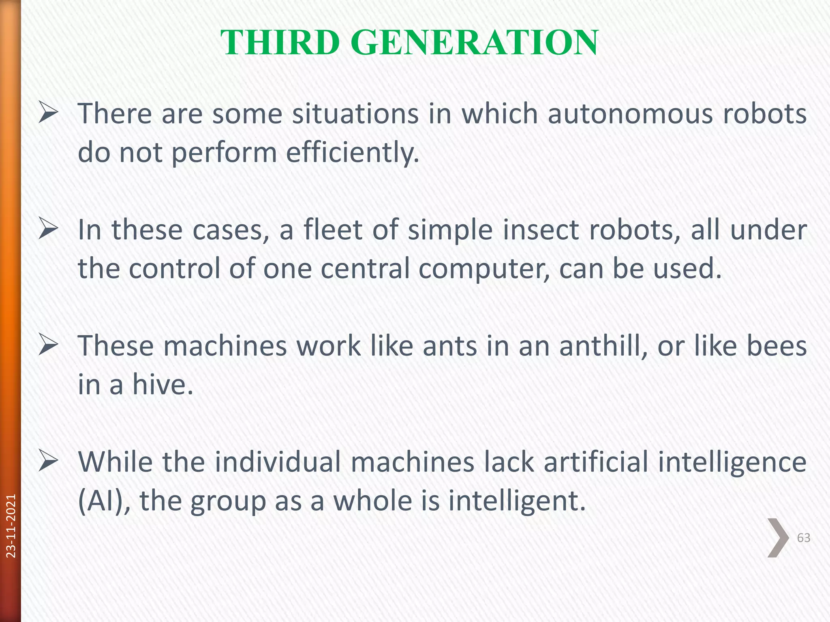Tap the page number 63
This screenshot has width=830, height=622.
click(x=803, y=538)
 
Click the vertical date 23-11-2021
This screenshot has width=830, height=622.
click(x=11, y=526)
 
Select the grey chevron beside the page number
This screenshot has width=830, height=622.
click(x=778, y=538)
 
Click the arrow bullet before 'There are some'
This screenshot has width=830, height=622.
click(x=49, y=114)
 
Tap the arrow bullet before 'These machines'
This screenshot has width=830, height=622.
click(x=49, y=346)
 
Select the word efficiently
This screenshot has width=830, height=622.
click(x=352, y=153)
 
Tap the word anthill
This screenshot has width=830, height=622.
click(x=603, y=346)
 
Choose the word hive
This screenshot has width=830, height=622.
click(x=163, y=385)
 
